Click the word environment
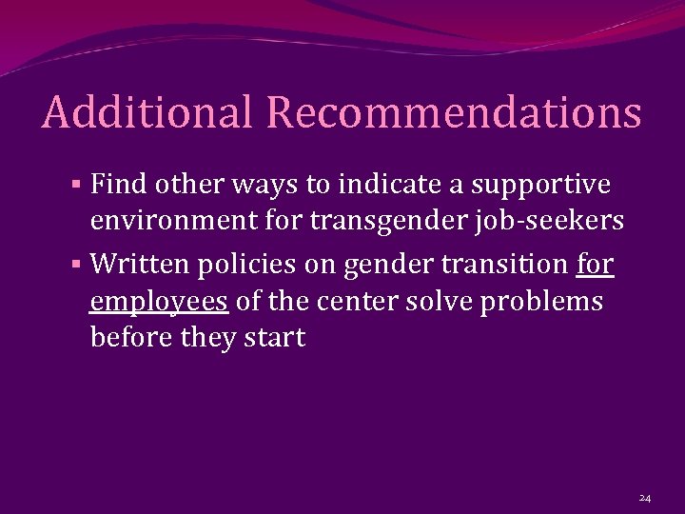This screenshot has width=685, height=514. pos(172,222)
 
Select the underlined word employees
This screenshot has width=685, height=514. pos(159,302)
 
